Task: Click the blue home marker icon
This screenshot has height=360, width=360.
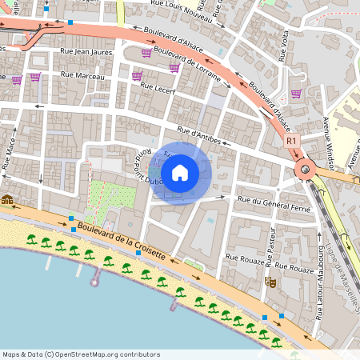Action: tap(179, 172)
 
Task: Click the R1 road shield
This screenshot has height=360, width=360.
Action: tap(292, 140)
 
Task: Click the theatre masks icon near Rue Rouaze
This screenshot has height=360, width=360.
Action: tap(272, 282)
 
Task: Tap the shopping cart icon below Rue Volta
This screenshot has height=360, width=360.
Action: tap(296, 93)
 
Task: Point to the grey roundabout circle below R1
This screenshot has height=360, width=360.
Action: tap(305, 170)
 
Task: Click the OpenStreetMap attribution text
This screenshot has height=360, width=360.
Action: tap(81, 354)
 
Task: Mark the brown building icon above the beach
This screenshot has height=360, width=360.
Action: tap(7, 199)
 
